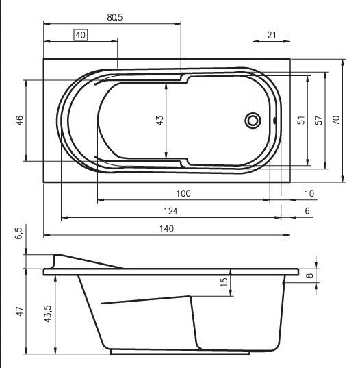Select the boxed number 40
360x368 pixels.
click(80, 35)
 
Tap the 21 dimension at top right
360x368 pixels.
click(271, 35)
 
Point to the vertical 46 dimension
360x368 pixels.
click(20, 120)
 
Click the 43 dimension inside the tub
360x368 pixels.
click(159, 120)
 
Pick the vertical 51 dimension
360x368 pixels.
click(299, 120)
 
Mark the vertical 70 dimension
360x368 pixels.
click(335, 120)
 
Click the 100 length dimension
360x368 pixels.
click(183, 194)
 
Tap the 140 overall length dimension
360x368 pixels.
click(165, 228)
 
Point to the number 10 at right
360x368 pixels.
click(309, 194)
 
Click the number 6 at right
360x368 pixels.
click(307, 211)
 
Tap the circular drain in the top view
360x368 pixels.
click(253, 121)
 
